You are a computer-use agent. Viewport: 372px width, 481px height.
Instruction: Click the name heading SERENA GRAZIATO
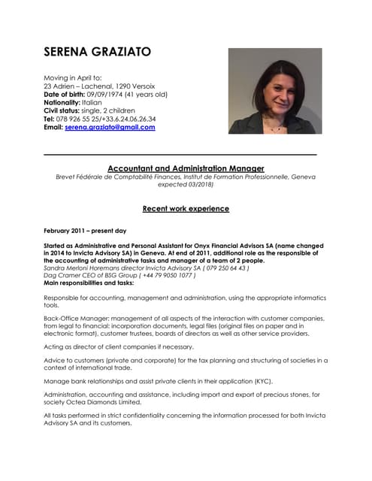coord(98,52)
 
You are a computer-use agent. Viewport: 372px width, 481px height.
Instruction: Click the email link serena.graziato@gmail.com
coord(110,128)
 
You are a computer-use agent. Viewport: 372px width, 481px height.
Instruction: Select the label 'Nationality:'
coord(62,102)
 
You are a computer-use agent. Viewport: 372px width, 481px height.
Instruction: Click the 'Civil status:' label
coord(65,110)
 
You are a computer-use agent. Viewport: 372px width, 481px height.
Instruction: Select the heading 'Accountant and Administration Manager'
coord(186,168)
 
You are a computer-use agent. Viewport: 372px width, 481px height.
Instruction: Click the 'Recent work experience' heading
coord(186,209)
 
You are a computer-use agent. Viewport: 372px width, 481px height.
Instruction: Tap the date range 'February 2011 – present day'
coord(85,229)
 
